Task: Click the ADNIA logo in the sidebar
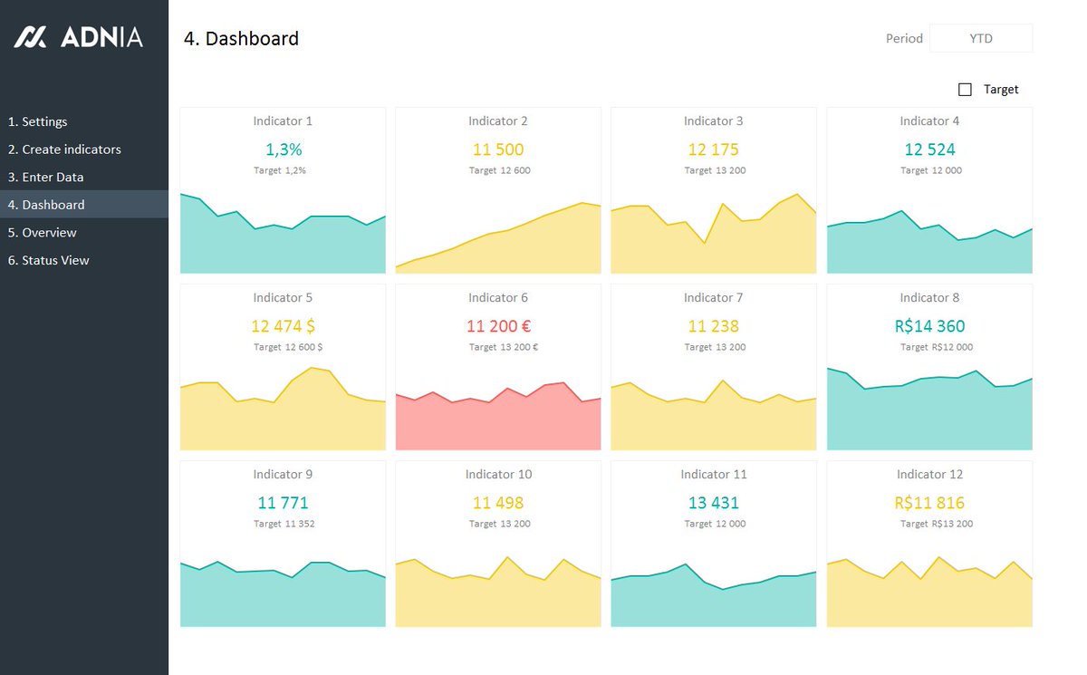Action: point(78,37)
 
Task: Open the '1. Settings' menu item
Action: point(38,121)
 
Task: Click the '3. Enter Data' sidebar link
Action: point(45,177)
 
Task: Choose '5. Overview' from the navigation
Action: point(43,233)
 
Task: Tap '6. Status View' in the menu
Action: point(49,260)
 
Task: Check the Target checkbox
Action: point(965,90)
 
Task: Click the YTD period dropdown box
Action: point(980,38)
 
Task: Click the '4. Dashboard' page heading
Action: point(241,38)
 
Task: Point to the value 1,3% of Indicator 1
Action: point(284,149)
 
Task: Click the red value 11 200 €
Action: point(498,326)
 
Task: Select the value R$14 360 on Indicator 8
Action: point(929,326)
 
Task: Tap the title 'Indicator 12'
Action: point(929,474)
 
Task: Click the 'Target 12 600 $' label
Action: point(288,347)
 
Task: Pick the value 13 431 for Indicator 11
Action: point(714,503)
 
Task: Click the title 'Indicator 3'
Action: point(714,121)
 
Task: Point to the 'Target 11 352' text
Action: point(284,524)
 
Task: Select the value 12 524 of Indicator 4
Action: point(929,149)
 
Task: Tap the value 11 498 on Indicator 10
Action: point(498,503)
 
